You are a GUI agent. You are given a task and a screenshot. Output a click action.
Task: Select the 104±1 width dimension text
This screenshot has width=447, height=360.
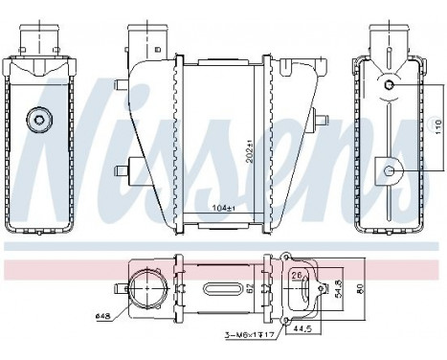click(x=224, y=206)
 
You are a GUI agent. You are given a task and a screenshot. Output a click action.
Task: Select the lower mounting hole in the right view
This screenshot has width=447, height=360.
click(x=389, y=170)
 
